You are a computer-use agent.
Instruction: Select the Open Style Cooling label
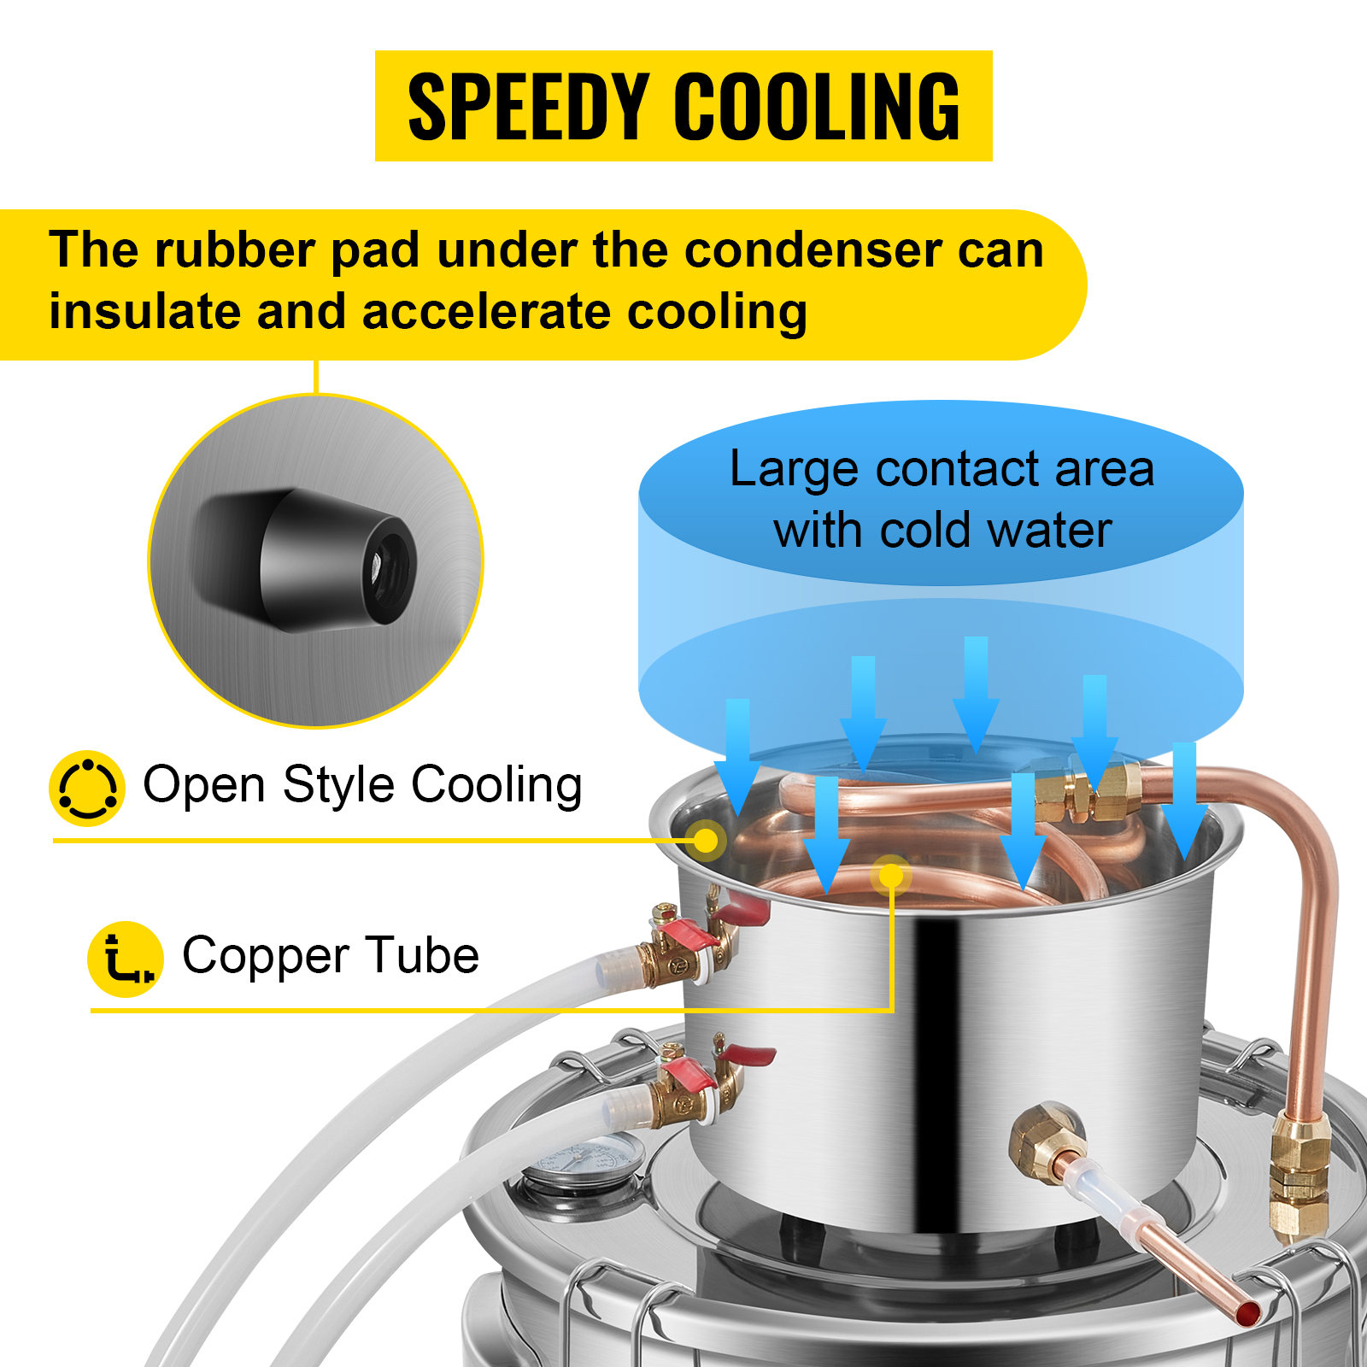[362, 785]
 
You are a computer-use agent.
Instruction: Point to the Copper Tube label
[331, 955]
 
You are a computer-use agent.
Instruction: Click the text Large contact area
[942, 469]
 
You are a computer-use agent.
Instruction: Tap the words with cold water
[942, 531]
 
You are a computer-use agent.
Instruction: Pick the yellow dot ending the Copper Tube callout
[891, 875]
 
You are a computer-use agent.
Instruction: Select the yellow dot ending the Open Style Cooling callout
[707, 840]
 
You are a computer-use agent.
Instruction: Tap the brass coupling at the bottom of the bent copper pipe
[1300, 1175]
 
